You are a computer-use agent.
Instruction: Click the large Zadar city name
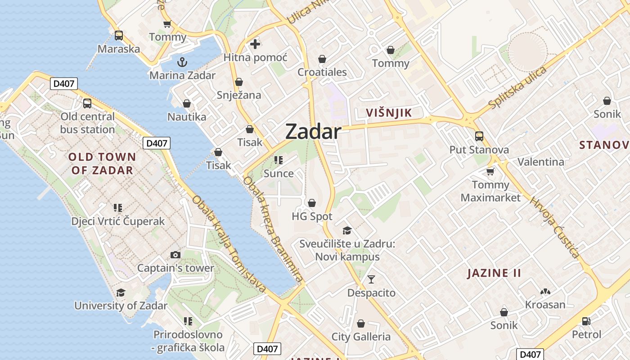pos(313,131)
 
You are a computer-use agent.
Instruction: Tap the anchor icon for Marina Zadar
pos(182,62)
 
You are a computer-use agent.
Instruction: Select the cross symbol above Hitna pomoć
pos(255,44)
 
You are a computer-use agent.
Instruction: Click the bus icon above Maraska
pos(119,35)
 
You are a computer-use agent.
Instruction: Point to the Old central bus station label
pos(88,123)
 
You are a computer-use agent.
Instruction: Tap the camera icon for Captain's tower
pos(175,255)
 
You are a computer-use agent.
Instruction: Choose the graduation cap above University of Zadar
pos(121,293)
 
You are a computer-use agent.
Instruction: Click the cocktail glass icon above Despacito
pos(371,279)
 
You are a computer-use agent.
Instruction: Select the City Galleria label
pos(361,337)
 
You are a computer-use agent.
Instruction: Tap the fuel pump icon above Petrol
pos(586,321)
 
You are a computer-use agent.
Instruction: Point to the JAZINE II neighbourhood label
pos(494,273)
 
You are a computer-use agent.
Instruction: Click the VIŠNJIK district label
pos(389,112)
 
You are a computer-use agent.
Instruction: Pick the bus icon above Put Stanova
pos(479,136)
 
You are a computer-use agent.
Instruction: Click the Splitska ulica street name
pos(517,88)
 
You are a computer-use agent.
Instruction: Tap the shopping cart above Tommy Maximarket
pos(490,171)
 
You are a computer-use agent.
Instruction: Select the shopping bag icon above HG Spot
pos(312,203)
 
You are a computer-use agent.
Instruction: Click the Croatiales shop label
pos(322,72)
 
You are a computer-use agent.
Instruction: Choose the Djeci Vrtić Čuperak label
pos(118,221)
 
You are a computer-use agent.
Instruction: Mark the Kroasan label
pos(545,305)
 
